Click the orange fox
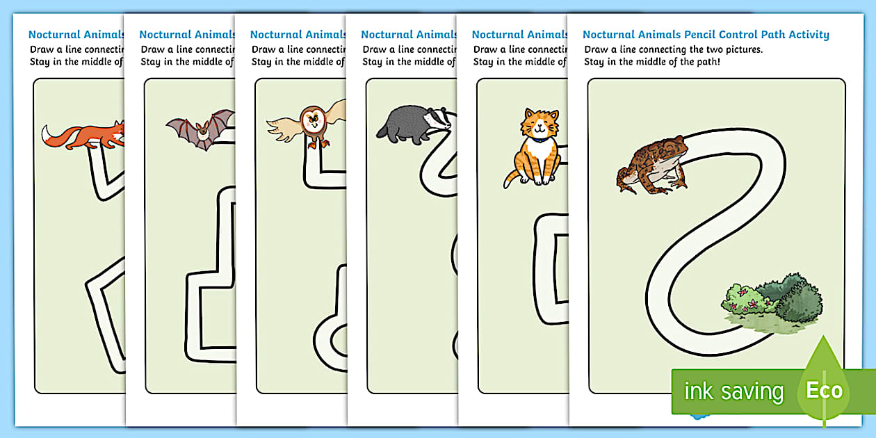click(87, 134)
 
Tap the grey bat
click(200, 129)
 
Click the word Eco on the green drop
click(825, 390)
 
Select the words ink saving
click(733, 391)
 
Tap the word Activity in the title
click(806, 34)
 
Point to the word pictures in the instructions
click(717, 49)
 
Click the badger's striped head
click(435, 119)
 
